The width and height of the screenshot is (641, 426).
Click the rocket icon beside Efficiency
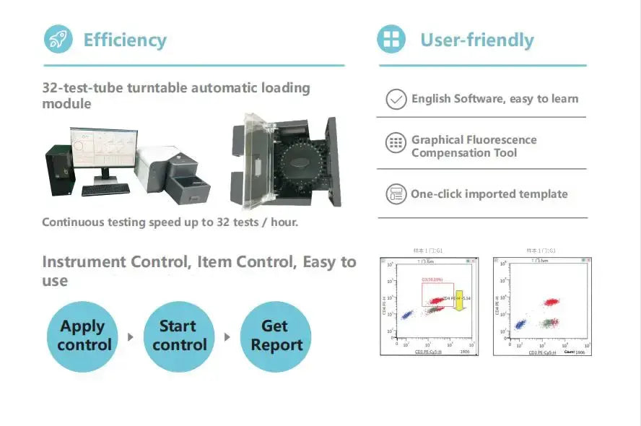coord(58,39)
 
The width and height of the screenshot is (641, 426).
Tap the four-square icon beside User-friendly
coord(391,39)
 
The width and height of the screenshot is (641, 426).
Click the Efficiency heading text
coord(125,40)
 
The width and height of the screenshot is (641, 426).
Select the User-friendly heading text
coord(476,40)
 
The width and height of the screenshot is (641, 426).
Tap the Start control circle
coord(178,336)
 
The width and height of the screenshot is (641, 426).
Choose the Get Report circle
coord(275,336)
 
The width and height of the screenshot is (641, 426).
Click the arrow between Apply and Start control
coord(131,336)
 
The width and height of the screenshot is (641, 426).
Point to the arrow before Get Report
coord(227,336)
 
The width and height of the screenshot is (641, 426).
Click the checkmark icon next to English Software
coord(396,99)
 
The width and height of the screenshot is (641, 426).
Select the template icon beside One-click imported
coord(396,194)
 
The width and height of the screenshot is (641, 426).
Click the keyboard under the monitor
coord(105,190)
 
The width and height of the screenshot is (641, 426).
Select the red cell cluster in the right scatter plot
coord(551,302)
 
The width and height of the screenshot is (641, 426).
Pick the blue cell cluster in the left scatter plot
coord(406,315)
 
